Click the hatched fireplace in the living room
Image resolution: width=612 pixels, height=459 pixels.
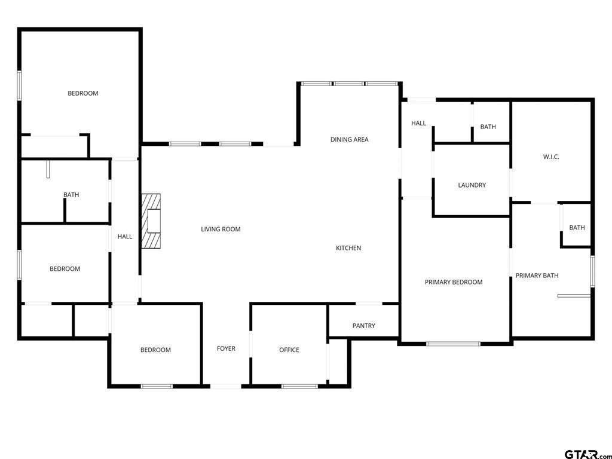click(151, 221)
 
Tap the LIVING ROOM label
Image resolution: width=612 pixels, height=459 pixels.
click(221, 229)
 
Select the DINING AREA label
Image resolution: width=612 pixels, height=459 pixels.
click(349, 139)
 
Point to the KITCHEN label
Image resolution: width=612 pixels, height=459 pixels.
click(348, 248)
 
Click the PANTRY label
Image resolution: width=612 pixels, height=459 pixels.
click(363, 326)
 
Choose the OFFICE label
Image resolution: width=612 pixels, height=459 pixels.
click(289, 350)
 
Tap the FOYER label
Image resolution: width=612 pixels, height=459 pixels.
click(226, 348)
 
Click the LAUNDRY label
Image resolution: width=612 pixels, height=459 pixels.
click(472, 185)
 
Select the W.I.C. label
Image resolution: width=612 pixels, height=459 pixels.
click(551, 157)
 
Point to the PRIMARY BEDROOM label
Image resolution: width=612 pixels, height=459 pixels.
click(454, 282)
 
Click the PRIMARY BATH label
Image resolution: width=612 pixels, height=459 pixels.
click(537, 276)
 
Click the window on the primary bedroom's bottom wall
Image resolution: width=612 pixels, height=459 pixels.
click(453, 344)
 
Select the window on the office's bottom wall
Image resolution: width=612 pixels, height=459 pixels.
click(299, 386)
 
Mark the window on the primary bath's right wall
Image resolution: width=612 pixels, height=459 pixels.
click(592, 271)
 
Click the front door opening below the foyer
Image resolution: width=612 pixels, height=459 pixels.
click(227, 386)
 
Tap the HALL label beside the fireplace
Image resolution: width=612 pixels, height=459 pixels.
click(125, 237)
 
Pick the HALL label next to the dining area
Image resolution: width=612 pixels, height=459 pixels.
click(418, 123)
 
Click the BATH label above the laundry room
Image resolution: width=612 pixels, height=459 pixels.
click(488, 127)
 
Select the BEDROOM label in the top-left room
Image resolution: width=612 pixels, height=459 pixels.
click(82, 93)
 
